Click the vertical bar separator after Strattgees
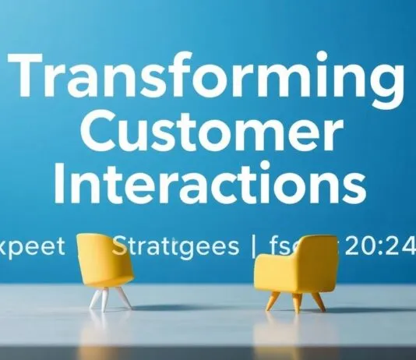click(x=253, y=249)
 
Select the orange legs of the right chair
click(x=296, y=300)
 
